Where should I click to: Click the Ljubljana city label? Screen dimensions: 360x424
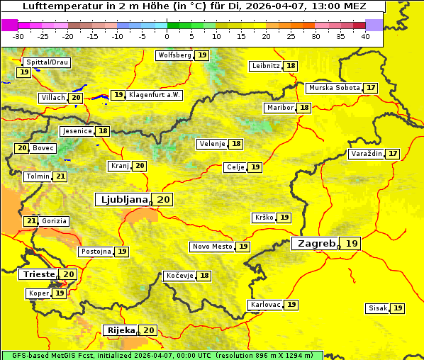[122, 200]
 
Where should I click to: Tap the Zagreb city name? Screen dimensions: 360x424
[316, 243]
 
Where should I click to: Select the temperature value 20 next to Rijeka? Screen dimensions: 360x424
[148, 330]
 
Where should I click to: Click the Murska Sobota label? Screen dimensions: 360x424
[333, 88]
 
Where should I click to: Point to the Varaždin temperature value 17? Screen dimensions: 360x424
[393, 154]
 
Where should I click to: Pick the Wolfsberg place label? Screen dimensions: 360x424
[174, 55]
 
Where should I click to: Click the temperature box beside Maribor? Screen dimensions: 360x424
[304, 108]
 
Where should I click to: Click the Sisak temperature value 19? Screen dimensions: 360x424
[398, 308]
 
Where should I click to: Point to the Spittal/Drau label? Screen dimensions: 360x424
[47, 62]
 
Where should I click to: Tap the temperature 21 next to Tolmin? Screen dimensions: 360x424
[61, 176]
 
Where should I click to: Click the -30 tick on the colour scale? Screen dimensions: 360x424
[18, 36]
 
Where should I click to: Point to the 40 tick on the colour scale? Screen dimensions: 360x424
[365, 36]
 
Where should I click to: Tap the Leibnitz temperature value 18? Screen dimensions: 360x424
[291, 66]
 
